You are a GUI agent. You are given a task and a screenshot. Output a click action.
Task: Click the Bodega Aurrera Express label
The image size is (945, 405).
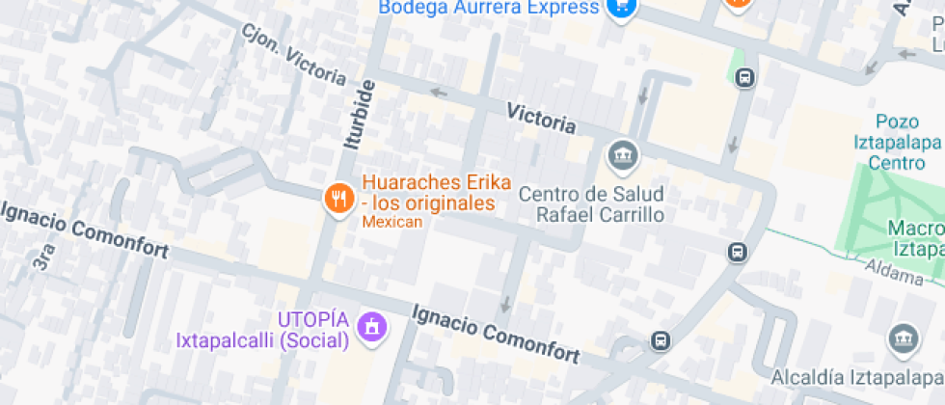(489, 8)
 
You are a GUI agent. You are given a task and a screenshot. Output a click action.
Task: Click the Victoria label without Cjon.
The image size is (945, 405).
(542, 119)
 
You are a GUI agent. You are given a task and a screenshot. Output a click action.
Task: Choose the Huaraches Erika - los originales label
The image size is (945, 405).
(427, 193)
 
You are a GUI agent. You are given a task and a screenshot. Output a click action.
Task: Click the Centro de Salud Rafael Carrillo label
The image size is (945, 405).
(591, 203)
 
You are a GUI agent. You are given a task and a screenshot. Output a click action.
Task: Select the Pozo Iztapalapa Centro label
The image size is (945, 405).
(897, 142)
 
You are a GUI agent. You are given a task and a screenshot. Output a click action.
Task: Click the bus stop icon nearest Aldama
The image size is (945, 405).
(737, 253)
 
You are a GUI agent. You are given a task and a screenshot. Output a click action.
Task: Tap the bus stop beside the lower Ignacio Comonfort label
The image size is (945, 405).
(661, 340)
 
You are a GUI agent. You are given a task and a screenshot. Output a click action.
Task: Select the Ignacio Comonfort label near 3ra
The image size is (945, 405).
(85, 230)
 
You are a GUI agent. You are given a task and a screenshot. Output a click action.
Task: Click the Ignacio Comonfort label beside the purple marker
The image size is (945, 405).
(496, 335)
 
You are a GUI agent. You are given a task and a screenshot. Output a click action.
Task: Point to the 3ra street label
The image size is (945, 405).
(43, 256)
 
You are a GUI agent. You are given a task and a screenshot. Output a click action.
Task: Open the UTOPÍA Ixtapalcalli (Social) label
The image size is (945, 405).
(262, 330)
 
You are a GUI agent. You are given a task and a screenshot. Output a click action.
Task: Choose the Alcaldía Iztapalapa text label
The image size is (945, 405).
(856, 376)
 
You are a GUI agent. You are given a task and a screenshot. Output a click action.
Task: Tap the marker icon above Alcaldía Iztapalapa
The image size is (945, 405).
(903, 339)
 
